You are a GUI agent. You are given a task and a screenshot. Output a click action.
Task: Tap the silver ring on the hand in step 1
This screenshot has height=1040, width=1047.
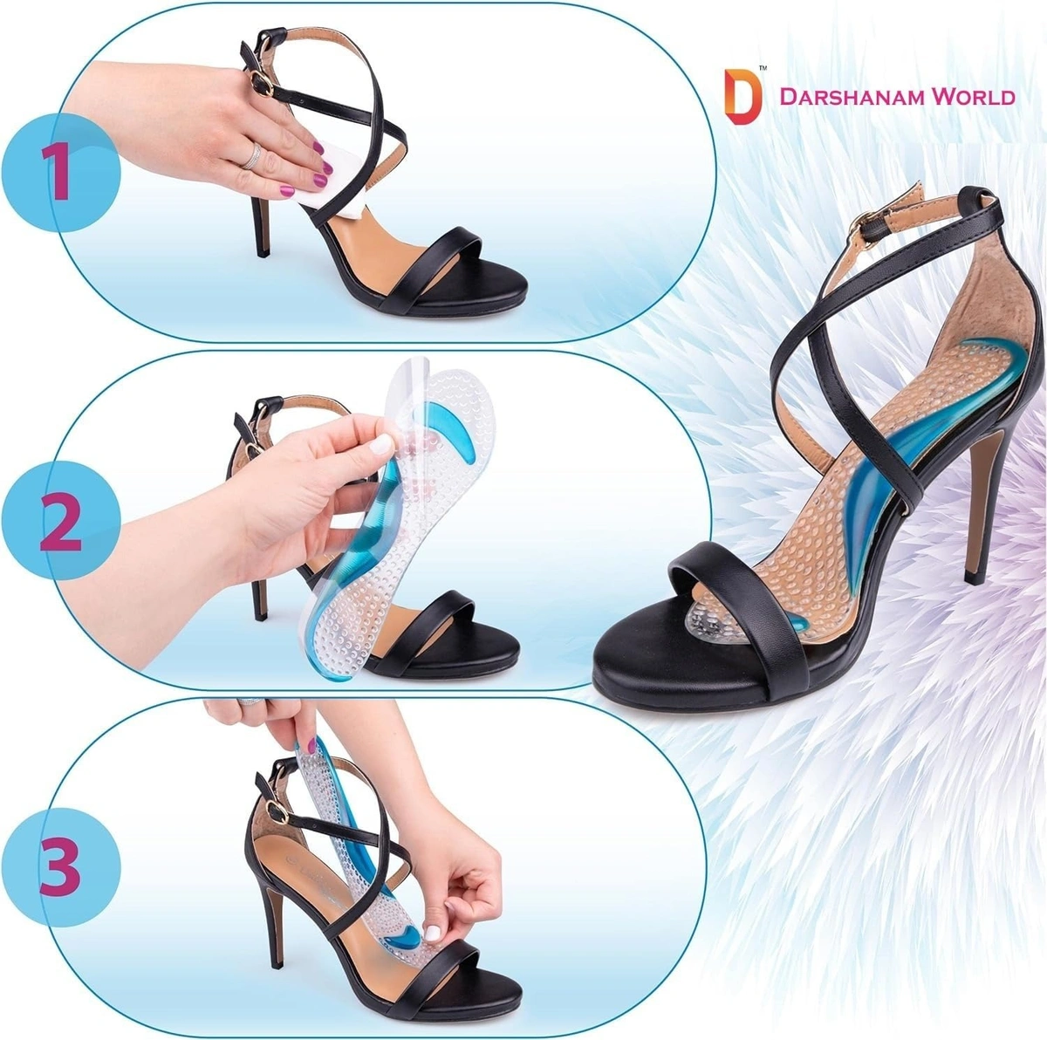tap(251, 155)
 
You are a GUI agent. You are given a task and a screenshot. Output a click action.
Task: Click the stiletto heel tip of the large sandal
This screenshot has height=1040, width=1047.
tap(970, 577)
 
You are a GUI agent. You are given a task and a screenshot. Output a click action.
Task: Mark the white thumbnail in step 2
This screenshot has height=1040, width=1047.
tap(380, 447)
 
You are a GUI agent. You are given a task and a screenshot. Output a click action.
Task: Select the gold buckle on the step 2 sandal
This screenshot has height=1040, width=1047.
tap(251, 443)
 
